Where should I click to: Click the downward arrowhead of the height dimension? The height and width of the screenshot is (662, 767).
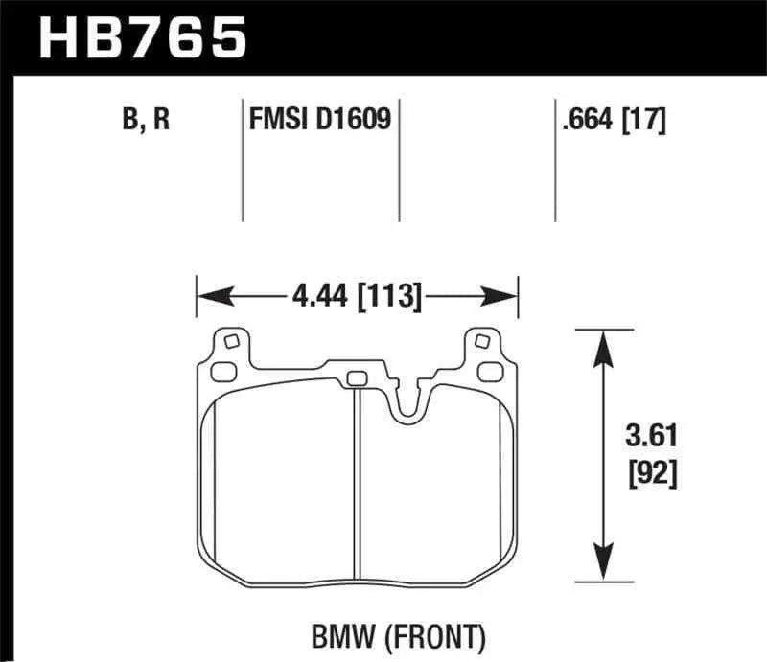602,565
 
